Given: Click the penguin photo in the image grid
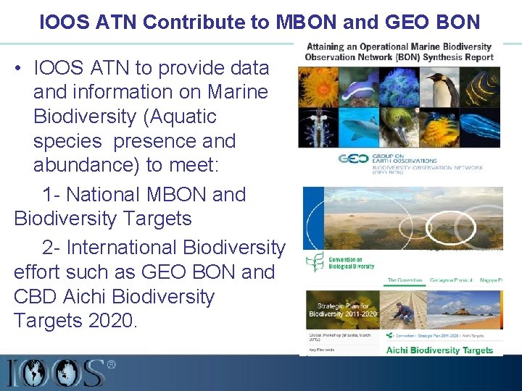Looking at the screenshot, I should (442, 88).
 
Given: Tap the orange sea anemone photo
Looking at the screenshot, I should (318, 88).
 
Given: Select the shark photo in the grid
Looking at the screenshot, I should (359, 128).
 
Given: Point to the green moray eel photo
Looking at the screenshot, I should (399, 128).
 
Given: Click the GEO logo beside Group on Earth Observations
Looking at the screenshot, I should (353, 159).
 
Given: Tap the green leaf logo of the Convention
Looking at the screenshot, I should (314, 262).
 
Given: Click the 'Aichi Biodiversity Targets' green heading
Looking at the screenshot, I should (439, 350).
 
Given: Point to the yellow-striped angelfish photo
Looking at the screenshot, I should (481, 88).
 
